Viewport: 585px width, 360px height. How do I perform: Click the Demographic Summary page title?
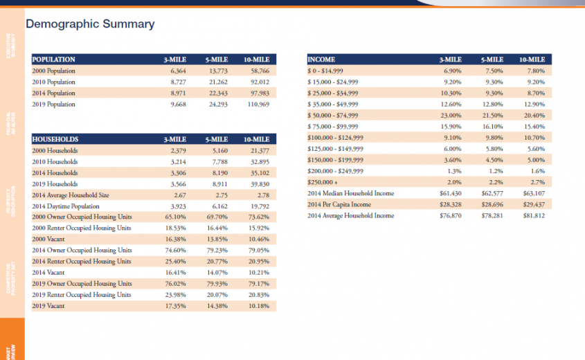[90, 25]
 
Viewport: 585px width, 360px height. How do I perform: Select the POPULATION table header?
[54, 60]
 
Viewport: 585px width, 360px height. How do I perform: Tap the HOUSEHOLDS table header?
[55, 139]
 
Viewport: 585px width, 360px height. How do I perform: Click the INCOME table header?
[321, 60]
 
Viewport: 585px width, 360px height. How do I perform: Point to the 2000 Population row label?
[54, 71]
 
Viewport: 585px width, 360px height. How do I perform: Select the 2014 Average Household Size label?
[71, 195]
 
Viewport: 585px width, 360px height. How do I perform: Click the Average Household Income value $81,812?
[534, 215]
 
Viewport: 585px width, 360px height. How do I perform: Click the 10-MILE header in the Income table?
[532, 60]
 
